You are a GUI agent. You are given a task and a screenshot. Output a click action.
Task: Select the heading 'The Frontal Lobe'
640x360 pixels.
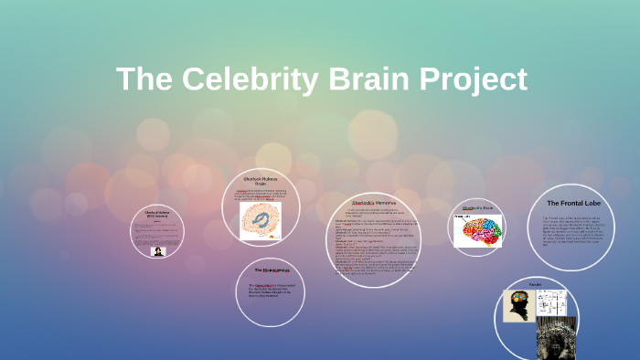click(572, 202)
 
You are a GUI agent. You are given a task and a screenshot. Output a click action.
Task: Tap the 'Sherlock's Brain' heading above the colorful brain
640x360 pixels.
click(477, 208)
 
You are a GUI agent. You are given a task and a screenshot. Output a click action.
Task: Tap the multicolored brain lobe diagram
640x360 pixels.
click(478, 230)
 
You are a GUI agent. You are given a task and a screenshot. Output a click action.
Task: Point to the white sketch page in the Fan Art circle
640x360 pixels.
click(552, 303)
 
